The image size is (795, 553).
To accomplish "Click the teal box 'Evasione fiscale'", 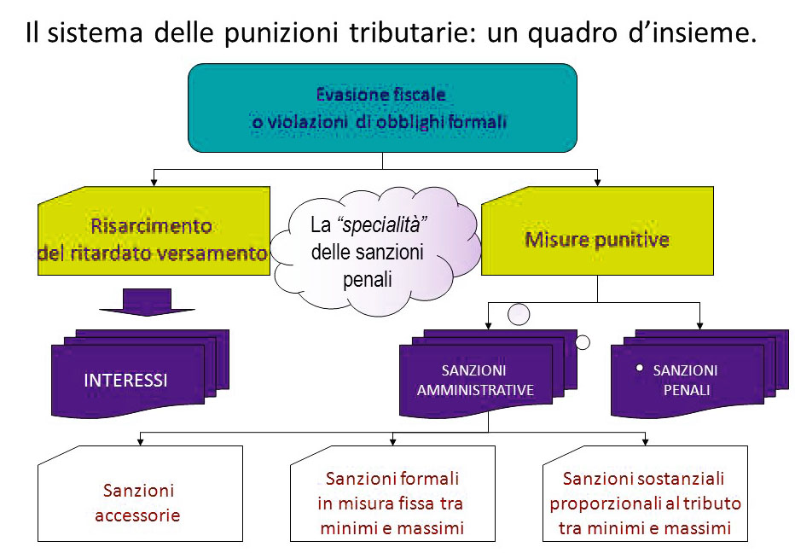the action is [382, 108].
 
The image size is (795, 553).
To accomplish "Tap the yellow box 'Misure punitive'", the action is [596, 239].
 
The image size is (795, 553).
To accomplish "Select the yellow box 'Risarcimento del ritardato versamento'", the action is [154, 239].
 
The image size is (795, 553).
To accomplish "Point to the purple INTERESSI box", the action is [128, 380].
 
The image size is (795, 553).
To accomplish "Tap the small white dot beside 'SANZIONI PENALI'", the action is [639, 367].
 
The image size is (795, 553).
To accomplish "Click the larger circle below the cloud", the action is [519, 315].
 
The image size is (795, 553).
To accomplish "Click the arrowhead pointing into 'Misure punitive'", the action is [597, 181].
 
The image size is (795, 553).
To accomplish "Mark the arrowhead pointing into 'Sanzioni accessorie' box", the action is [140, 440].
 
